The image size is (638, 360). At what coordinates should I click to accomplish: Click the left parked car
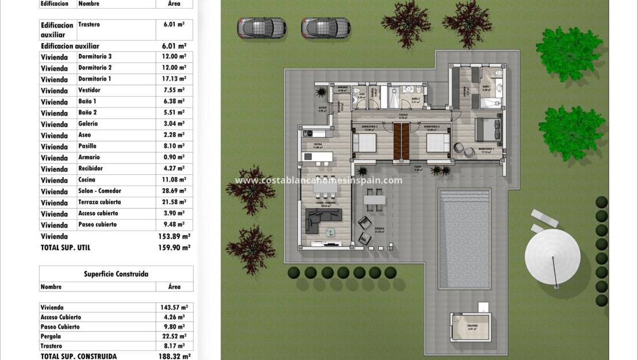pyautogui.click(x=262, y=27)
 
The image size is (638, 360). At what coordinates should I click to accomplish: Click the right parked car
pyautogui.click(x=326, y=27)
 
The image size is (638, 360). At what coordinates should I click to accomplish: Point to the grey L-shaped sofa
pyautogui.click(x=322, y=219)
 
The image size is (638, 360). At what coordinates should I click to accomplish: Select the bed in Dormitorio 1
pyautogui.click(x=486, y=131)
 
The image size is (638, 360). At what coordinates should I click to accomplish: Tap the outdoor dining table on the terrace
pyautogui.click(x=375, y=200)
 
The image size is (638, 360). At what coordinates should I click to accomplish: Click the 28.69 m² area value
pyautogui.click(x=174, y=191)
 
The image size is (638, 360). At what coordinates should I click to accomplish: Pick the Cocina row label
pyautogui.click(x=88, y=180)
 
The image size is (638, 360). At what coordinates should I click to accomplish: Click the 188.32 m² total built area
pyautogui.click(x=174, y=357)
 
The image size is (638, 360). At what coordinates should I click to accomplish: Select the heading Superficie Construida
pyautogui.click(x=116, y=274)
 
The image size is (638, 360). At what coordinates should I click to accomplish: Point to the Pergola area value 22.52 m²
pyautogui.click(x=173, y=336)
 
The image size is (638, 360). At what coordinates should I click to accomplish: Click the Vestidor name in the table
pyautogui.click(x=90, y=90)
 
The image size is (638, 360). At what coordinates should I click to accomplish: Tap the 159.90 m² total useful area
pyautogui.click(x=174, y=247)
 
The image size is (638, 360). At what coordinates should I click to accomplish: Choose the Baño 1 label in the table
pyautogui.click(x=87, y=101)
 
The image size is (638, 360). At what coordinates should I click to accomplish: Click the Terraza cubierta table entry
pyautogui.click(x=99, y=202)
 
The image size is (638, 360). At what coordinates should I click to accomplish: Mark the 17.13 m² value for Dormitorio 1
pyautogui.click(x=174, y=79)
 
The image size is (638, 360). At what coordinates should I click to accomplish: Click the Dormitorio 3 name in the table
pyautogui.click(x=95, y=56)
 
